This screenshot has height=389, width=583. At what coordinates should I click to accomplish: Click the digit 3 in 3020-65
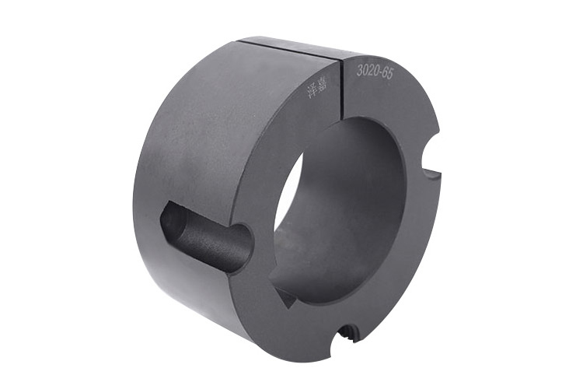click(359, 68)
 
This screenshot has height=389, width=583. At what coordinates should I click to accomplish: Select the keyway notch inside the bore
click(285, 296)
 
